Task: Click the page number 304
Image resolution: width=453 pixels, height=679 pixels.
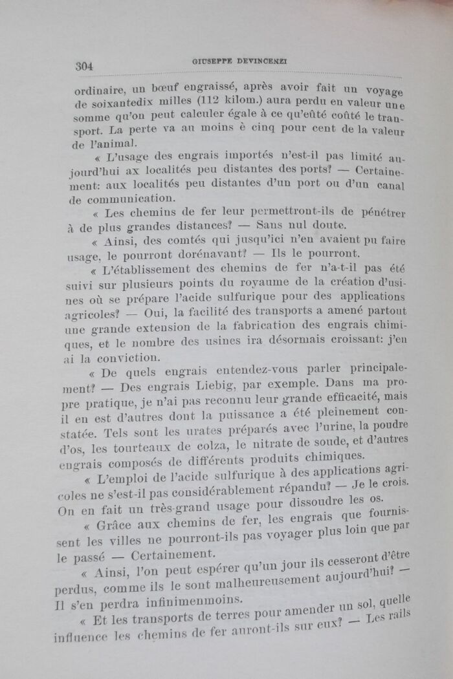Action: tap(85, 65)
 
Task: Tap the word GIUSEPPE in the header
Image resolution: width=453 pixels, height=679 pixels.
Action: tap(214, 61)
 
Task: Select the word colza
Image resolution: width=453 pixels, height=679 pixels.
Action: tap(213, 447)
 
